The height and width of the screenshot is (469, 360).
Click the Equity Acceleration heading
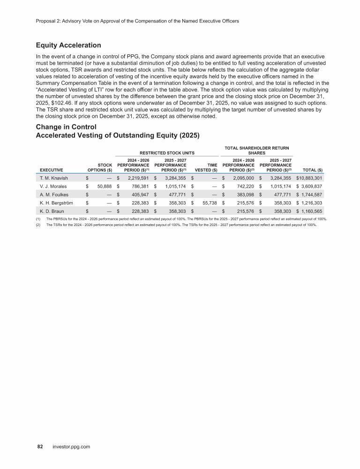click(x=68, y=45)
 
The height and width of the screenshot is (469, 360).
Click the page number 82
click(x=40, y=447)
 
